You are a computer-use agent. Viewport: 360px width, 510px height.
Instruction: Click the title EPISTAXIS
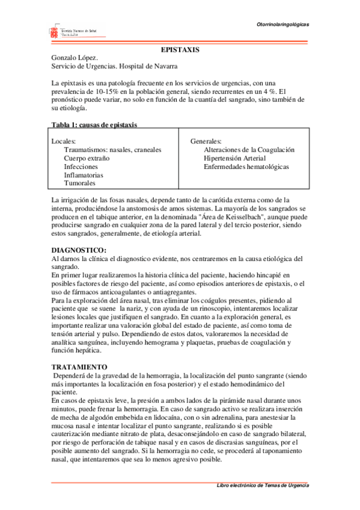[180, 49]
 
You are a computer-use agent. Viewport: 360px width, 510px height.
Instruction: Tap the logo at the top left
[70, 31]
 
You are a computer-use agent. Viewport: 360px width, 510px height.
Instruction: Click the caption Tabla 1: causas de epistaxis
[94, 124]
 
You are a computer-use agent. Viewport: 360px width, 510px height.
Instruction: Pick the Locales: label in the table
[64, 141]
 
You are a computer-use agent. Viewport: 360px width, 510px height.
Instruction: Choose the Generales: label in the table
[206, 141]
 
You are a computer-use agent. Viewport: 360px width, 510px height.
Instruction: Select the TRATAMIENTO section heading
[79, 366]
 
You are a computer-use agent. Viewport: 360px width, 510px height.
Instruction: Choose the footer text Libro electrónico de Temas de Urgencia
[263, 485]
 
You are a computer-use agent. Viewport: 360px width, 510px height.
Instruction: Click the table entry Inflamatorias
[84, 174]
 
